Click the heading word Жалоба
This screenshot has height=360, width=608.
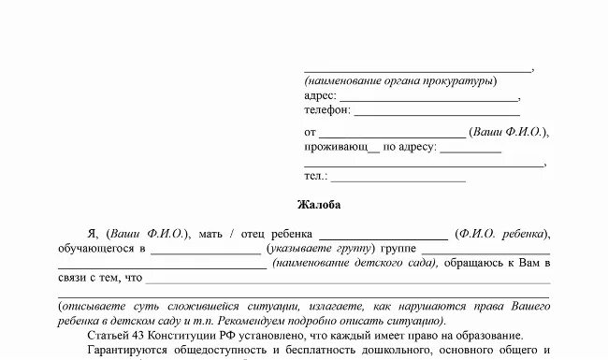tap(319, 205)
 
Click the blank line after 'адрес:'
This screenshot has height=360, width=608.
tap(428, 98)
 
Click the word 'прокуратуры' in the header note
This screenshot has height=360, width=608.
tap(459, 81)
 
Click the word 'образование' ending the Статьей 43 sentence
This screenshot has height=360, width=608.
tap(490, 335)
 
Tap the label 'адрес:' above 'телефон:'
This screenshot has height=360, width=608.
tap(319, 95)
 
